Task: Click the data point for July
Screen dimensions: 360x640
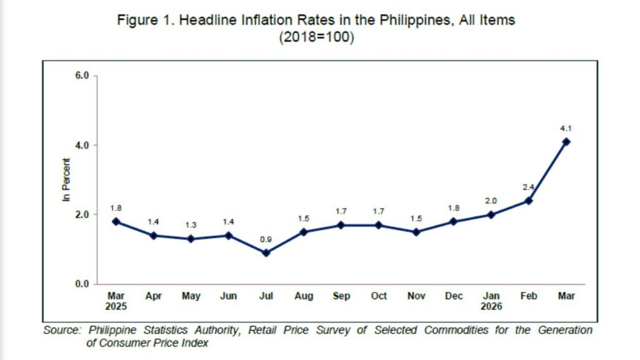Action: pyautogui.click(x=266, y=253)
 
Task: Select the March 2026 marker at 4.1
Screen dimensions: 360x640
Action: pyautogui.click(x=566, y=142)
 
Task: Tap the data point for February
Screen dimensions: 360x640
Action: pyautogui.click(x=529, y=201)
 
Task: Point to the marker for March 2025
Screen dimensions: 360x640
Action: pyautogui.click(x=116, y=222)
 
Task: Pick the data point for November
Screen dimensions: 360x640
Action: pyautogui.click(x=416, y=232)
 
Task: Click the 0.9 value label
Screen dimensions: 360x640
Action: pyautogui.click(x=266, y=240)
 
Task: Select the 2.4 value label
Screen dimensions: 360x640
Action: pyautogui.click(x=529, y=187)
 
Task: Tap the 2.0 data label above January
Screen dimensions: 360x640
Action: pyautogui.click(x=491, y=201)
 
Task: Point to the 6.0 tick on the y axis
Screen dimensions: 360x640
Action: pyautogui.click(x=82, y=76)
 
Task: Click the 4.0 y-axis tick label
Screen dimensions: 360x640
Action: pyautogui.click(x=82, y=145)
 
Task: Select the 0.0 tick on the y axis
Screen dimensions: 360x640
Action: pyautogui.click(x=82, y=284)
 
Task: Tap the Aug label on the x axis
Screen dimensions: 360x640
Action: pyautogui.click(x=304, y=296)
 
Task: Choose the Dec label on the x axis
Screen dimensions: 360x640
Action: pyautogui.click(x=454, y=296)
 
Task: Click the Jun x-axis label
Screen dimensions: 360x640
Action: pyautogui.click(x=229, y=296)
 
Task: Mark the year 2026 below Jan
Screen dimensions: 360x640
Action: pyautogui.click(x=491, y=307)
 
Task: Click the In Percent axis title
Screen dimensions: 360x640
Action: pyautogui.click(x=66, y=181)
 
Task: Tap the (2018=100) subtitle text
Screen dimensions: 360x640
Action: pyautogui.click(x=316, y=36)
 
